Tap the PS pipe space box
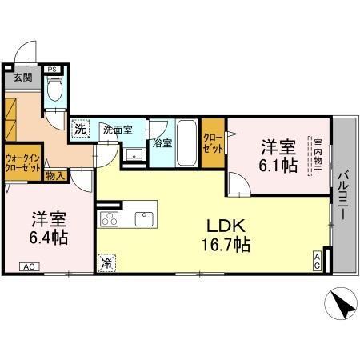pyautogui.click(x=52, y=70)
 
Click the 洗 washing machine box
pyautogui.click(x=80, y=129)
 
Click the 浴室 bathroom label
pyautogui.click(x=162, y=143)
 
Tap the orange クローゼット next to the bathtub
pyautogui.click(x=213, y=143)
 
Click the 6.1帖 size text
pyautogui.click(x=279, y=166)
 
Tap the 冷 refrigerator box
pyautogui.click(x=107, y=262)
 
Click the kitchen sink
pyautogui.click(x=145, y=218)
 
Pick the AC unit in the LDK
pyautogui.click(x=317, y=261)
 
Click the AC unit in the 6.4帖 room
pyautogui.click(x=28, y=266)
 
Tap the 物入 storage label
pyautogui.click(x=55, y=175)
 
